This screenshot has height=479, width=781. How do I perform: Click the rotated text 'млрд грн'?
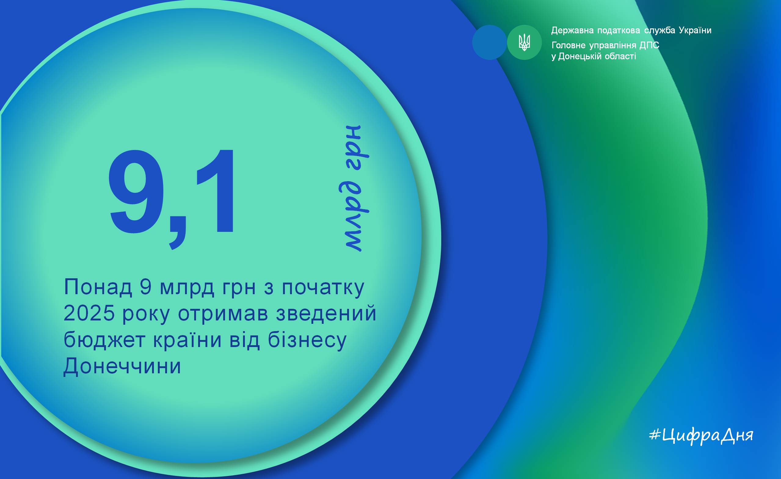pyautogui.click(x=354, y=188)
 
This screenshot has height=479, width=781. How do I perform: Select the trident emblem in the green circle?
pyautogui.click(x=524, y=42)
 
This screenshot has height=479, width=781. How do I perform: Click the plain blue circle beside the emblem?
pyautogui.click(x=489, y=42)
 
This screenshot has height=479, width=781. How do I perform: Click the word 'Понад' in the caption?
pyautogui.click(x=98, y=287)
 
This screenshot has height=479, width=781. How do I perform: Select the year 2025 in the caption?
pyautogui.click(x=89, y=313)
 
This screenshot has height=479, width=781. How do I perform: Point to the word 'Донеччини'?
pyautogui.click(x=122, y=366)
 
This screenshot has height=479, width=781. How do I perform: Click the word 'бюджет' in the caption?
pyautogui.click(x=105, y=340)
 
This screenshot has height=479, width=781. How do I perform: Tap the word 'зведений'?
pyautogui.click(x=326, y=313)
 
